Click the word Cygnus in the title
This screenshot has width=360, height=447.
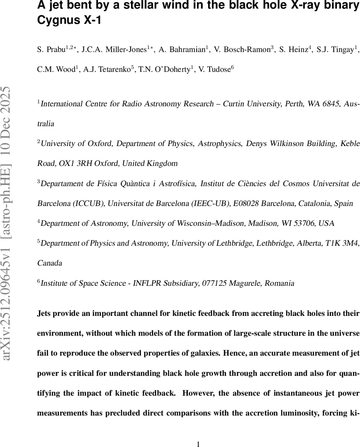click(57, 20)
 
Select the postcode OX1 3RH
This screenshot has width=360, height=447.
click(73, 163)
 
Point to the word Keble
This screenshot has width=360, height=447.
click(351, 143)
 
